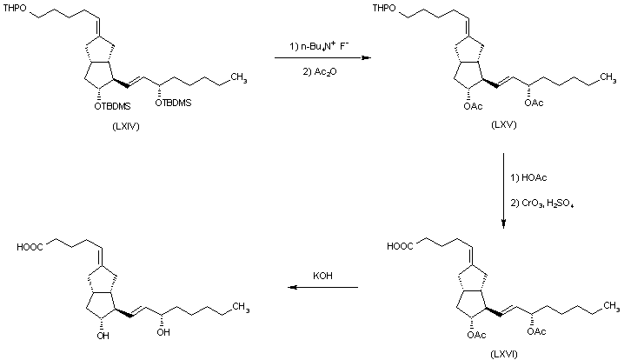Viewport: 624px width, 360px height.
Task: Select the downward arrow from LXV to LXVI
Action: (502, 191)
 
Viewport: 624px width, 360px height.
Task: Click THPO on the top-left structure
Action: (17, 10)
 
